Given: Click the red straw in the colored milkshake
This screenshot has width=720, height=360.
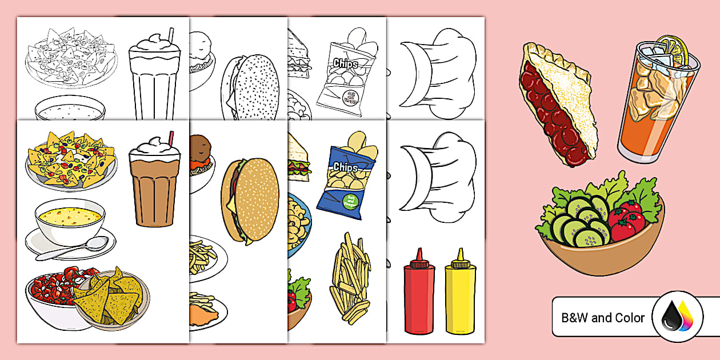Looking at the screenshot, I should coord(170,138).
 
